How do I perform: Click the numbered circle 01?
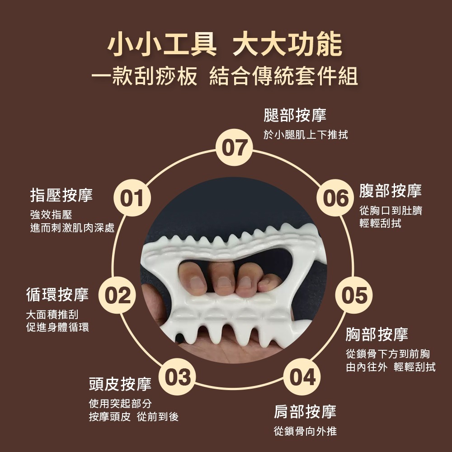(132, 198)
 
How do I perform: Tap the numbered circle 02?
(117, 295)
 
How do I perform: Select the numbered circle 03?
(177, 377)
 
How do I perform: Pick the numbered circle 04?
(302, 377)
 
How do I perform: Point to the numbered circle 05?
(354, 295)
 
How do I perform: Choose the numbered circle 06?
(335, 198)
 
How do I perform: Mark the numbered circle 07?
(234, 147)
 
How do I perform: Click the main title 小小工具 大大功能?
(225, 44)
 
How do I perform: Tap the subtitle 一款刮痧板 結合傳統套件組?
(225, 76)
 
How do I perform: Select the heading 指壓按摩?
(61, 195)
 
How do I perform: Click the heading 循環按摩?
(57, 295)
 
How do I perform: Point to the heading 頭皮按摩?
(120, 384)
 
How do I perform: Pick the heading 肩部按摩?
(305, 412)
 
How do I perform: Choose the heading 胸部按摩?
(377, 334)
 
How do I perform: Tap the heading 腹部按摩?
(391, 191)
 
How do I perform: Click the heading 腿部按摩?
(295, 115)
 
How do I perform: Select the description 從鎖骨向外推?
(305, 431)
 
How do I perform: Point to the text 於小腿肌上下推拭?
(306, 135)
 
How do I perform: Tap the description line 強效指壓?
(52, 215)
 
